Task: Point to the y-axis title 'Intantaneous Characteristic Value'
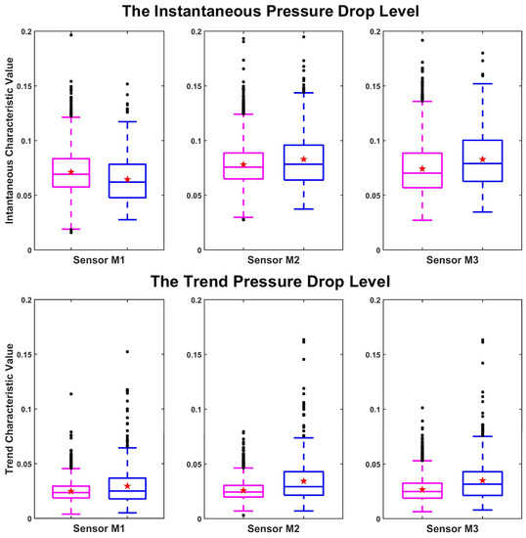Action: point(11,141)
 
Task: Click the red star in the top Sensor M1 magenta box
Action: point(70,172)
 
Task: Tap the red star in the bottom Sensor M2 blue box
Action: point(304,480)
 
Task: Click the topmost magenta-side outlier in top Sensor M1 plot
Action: point(70,34)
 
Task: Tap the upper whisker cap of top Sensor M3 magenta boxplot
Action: point(422,101)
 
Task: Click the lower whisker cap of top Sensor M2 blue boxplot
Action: point(304,208)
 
